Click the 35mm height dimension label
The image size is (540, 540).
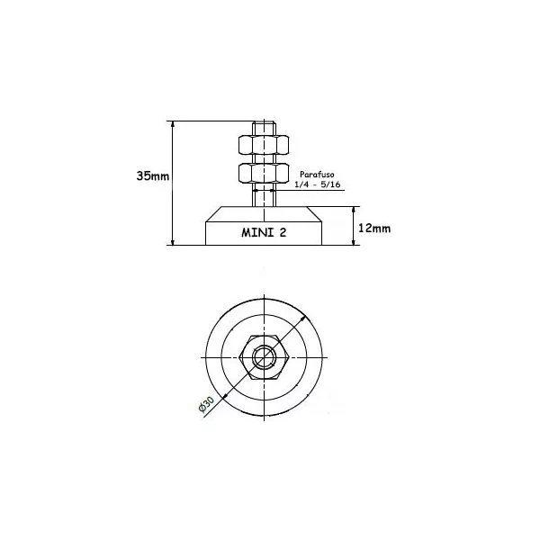click(152, 175)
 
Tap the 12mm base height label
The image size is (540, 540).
click(373, 229)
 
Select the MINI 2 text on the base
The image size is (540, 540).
click(263, 231)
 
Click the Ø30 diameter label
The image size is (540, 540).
click(206, 405)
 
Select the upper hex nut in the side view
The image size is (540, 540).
click(263, 144)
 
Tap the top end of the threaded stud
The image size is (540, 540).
click(263, 123)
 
